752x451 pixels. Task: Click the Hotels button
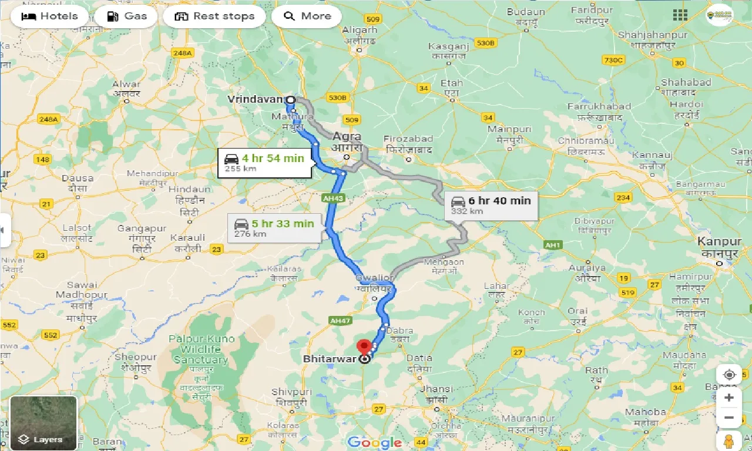tap(49, 16)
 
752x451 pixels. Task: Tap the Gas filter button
tap(126, 16)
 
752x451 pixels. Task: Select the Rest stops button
tap(215, 16)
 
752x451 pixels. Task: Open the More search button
tap(307, 16)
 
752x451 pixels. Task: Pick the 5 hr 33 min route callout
tap(274, 228)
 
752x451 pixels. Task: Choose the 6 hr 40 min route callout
tap(491, 205)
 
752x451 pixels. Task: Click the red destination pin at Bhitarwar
tap(364, 346)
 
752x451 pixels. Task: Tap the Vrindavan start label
tap(255, 99)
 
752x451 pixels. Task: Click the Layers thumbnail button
tap(43, 423)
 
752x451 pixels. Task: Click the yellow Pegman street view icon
tap(729, 440)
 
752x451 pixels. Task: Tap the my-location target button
tap(729, 375)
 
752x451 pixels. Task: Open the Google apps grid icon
tap(680, 15)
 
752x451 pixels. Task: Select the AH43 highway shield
tap(333, 198)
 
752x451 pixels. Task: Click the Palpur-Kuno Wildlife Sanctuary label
tap(202, 349)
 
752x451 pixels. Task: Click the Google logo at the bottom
tap(374, 443)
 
